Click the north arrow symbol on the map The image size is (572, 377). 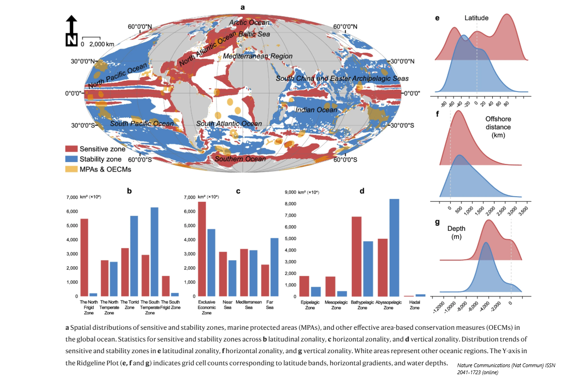tap(71, 31)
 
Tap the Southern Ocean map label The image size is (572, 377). tap(240, 159)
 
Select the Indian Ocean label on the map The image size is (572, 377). tap(315, 110)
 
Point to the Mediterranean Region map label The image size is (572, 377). tap(258, 56)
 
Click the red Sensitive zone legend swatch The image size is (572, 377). tap(71, 149)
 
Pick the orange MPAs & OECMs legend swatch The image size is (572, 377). tap(71, 169)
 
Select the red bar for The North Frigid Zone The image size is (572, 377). tap(84, 257)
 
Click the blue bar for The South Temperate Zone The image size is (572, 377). tap(155, 252)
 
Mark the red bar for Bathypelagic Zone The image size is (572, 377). tap(356, 256)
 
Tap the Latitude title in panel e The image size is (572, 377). tap(476, 18)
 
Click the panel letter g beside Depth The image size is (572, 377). tap(437, 222)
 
